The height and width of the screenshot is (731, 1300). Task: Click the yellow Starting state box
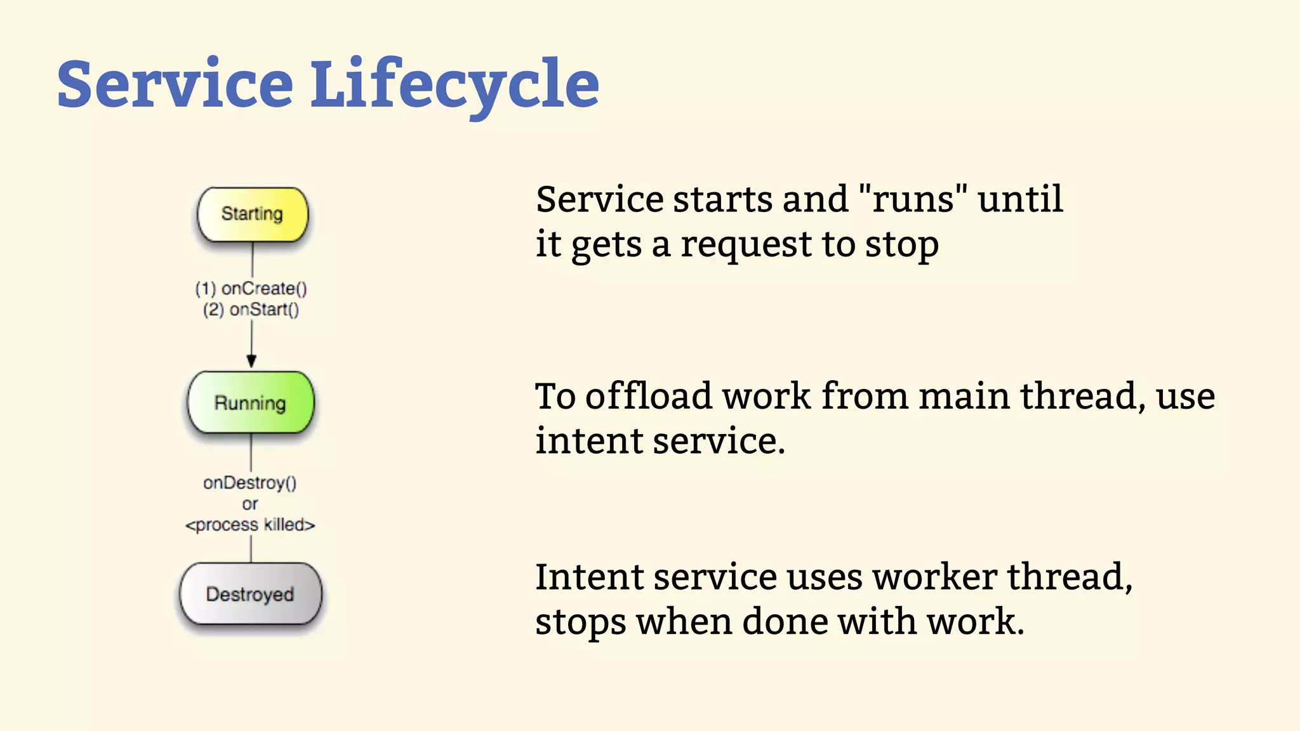point(252,214)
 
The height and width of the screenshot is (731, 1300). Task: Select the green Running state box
point(251,403)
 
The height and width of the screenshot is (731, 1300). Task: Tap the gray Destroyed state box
point(250,595)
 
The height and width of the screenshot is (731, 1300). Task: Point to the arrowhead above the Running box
point(251,361)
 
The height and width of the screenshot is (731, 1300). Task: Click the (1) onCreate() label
point(251,289)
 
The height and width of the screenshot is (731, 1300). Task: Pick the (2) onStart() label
point(251,310)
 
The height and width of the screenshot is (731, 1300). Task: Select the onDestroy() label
point(250,483)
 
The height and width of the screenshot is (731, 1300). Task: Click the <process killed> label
point(250,525)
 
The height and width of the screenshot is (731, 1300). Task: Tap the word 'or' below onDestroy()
point(250,504)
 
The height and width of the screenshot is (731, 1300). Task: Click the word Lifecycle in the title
point(454,84)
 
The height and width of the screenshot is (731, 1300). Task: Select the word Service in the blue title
point(175,84)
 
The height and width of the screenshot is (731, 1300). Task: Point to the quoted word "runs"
point(913,199)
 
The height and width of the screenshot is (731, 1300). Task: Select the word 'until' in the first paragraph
point(1020,199)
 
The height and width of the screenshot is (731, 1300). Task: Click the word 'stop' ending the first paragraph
point(901,246)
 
